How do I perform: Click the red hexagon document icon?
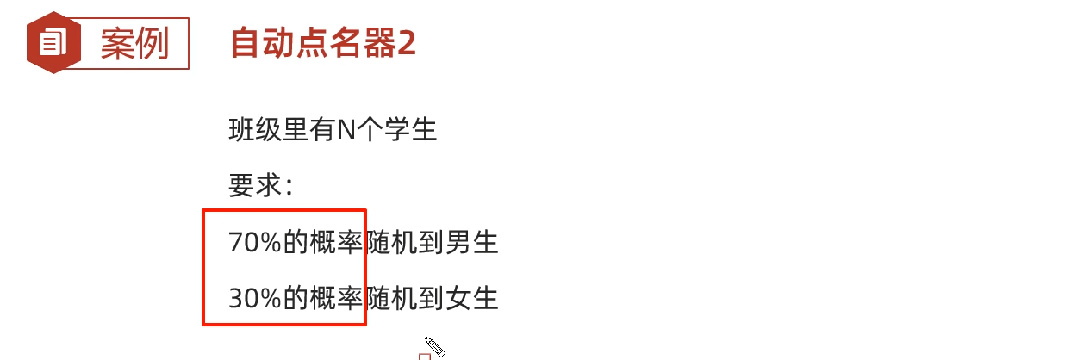[x=53, y=42]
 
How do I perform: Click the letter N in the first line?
[x=346, y=130]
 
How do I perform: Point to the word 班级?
[x=255, y=130]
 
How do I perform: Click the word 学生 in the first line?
[x=411, y=130]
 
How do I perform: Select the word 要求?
[x=255, y=185]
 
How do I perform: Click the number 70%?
[x=255, y=243]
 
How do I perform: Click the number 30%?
[x=255, y=298]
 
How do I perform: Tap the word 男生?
[x=473, y=243]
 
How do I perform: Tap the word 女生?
[x=473, y=298]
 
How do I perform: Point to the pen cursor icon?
[x=434, y=346]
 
